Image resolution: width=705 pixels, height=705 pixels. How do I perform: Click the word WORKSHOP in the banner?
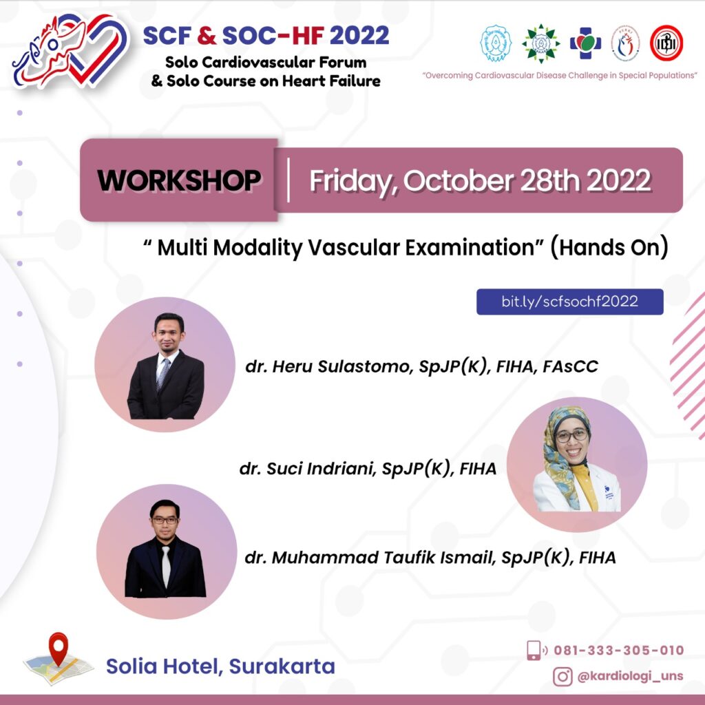[179, 181]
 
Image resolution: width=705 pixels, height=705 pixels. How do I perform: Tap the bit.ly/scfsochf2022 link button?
[569, 302]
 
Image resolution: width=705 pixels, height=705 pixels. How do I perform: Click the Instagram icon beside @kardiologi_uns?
[562, 676]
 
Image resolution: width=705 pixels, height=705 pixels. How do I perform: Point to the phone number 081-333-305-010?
[619, 650]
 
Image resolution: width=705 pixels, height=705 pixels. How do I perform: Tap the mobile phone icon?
[534, 650]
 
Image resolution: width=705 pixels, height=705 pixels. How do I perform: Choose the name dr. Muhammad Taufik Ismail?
[370, 558]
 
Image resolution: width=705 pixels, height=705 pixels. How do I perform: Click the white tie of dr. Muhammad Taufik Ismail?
[166, 567]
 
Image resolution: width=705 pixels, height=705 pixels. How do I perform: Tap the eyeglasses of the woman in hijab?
[572, 435]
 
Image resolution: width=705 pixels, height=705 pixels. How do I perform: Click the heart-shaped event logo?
[71, 50]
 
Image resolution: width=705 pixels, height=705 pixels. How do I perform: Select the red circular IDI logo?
[666, 43]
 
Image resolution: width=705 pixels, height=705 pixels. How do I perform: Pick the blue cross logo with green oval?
[585, 43]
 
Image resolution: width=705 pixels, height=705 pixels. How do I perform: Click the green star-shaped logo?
[541, 43]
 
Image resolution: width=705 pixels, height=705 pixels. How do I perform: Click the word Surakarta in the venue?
[282, 666]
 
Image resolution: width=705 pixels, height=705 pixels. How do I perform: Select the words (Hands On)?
[609, 248]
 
